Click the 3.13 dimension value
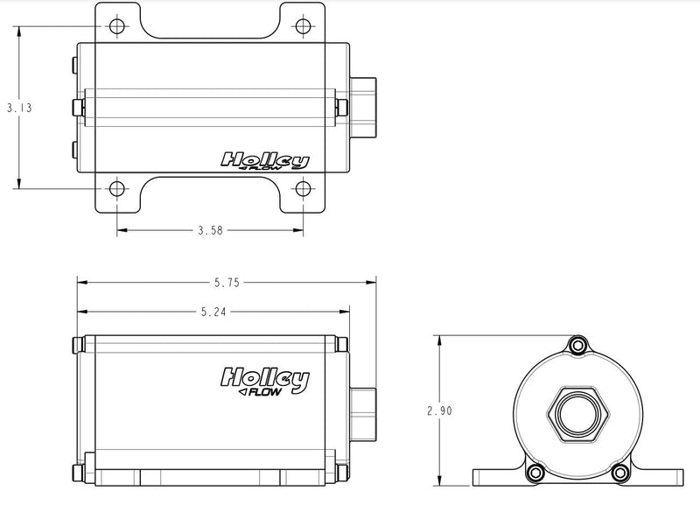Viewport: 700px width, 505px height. pyautogui.click(x=18, y=108)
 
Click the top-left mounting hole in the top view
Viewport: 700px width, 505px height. pyautogui.click(x=117, y=26)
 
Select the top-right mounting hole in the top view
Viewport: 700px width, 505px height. pyautogui.click(x=303, y=26)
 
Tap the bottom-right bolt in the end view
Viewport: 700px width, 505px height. pyautogui.click(x=621, y=473)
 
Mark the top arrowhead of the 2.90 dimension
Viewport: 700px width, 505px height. pyautogui.click(x=438, y=338)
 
